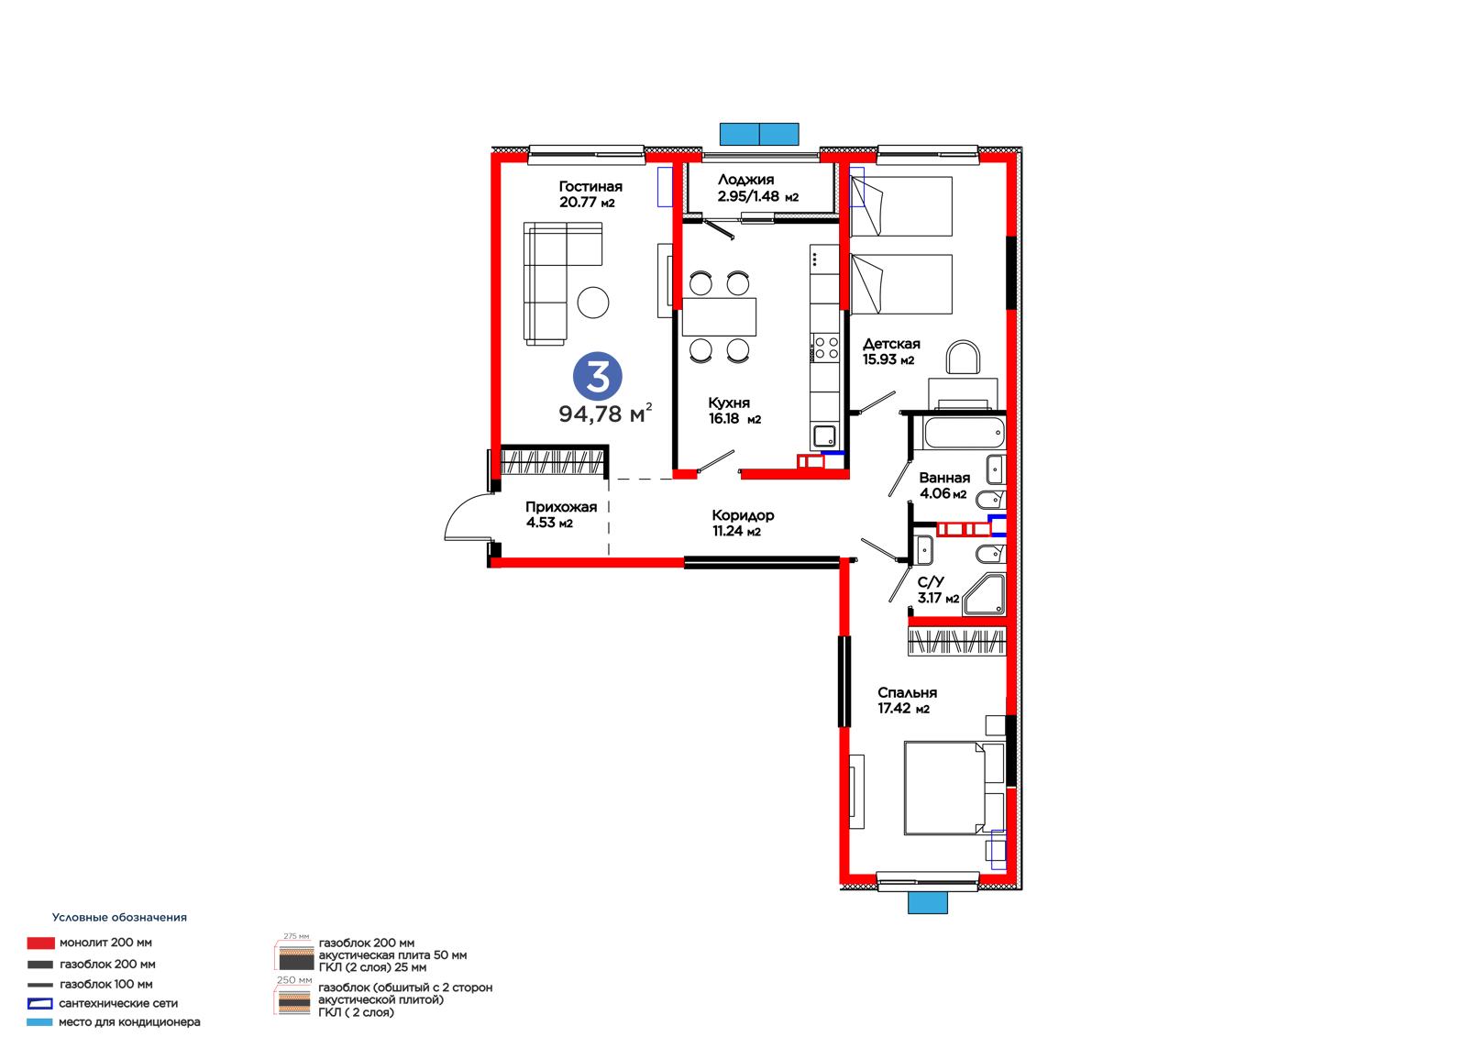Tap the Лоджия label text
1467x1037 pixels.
(745, 180)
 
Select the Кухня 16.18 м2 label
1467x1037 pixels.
(734, 411)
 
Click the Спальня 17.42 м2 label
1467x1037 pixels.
(907, 701)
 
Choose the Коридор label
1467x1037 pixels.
(743, 515)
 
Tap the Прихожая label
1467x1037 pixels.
(560, 507)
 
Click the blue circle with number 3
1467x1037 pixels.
(597, 377)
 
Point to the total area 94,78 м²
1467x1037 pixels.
(605, 414)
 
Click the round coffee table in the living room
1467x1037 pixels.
(592, 303)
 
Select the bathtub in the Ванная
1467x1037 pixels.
(963, 433)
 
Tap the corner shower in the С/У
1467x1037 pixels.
(985, 595)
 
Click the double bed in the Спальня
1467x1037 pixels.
(954, 789)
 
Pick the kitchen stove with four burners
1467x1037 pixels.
(825, 348)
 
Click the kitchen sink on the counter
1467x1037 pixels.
(824, 436)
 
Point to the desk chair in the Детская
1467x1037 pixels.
(963, 357)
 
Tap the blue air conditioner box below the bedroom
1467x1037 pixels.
(927, 903)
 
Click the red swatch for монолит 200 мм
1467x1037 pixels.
(40, 943)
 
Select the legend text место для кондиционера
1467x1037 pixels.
(129, 1022)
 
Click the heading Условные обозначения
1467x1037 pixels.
(119, 917)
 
